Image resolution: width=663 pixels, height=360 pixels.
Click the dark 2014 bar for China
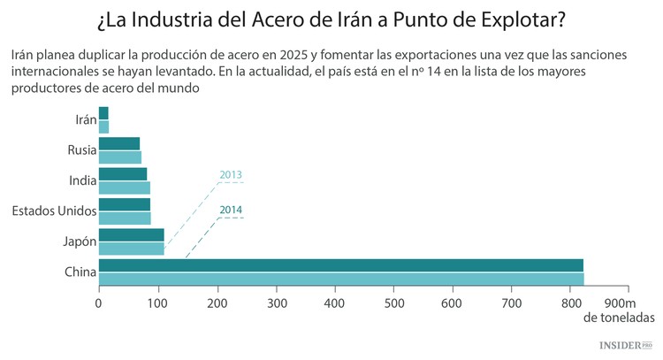340,264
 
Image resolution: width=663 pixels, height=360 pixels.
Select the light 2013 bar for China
340,279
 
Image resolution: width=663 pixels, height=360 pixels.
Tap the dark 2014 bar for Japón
131,234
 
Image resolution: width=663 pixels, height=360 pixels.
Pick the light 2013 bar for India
124,188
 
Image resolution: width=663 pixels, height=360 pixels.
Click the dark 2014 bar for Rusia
118,143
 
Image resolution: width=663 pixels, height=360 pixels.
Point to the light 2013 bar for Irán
103,127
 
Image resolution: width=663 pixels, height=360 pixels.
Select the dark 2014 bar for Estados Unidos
124,203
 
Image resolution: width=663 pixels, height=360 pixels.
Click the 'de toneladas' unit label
620,317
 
